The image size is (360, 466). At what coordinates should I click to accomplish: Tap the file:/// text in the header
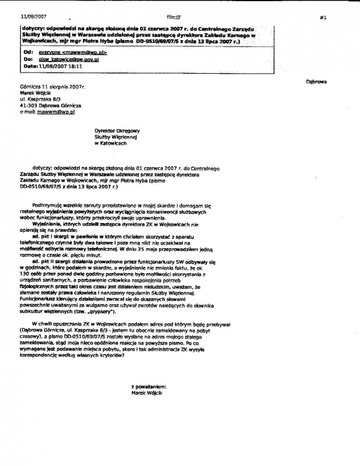[174, 17]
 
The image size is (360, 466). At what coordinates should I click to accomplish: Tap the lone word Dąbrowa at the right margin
[316, 82]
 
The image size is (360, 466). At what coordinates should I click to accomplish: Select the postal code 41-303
[28, 105]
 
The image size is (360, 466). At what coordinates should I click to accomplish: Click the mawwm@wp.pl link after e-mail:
[52, 112]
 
